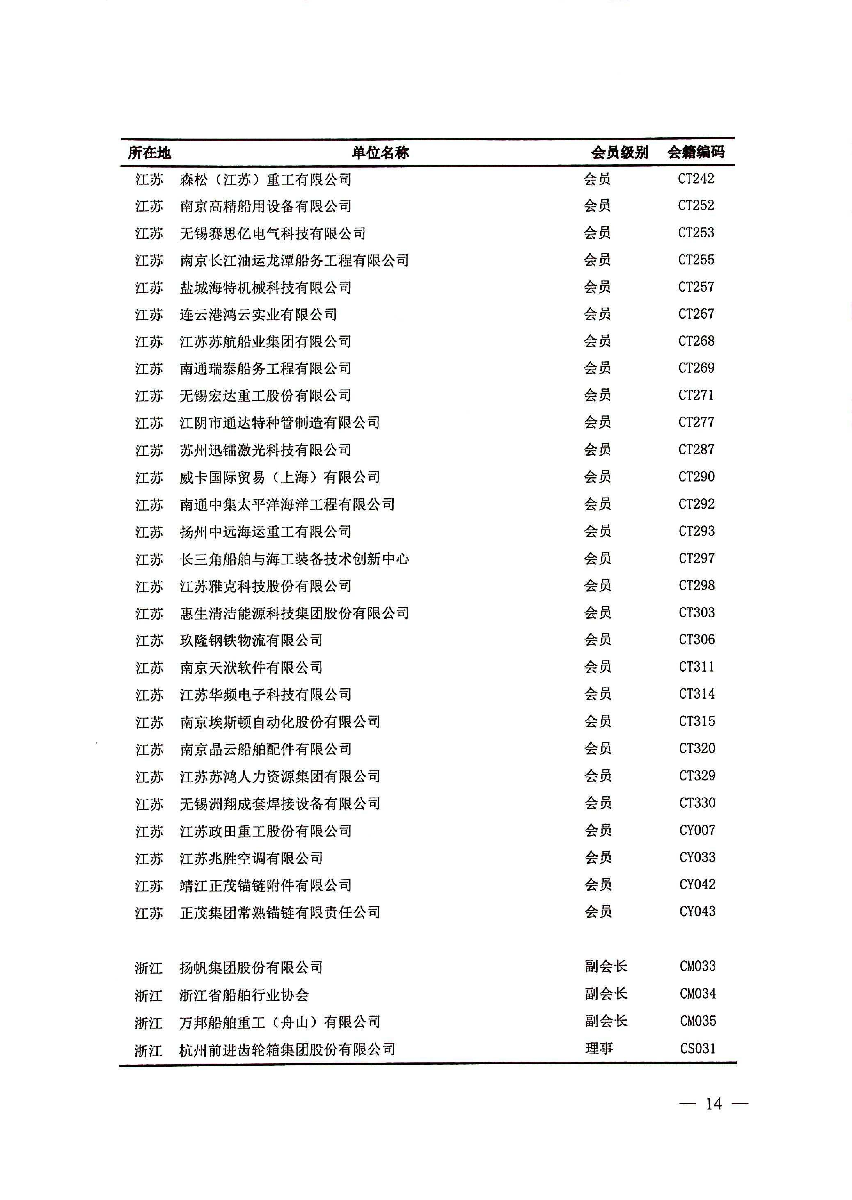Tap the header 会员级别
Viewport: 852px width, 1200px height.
pos(620,153)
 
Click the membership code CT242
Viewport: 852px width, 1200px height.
pos(696,179)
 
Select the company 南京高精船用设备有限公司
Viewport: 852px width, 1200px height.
pos(265,206)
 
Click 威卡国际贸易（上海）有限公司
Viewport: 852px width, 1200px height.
pos(280,477)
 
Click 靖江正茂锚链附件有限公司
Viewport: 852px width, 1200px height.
pos(265,885)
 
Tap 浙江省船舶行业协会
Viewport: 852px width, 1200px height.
pos(244,995)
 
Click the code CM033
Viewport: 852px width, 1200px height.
pos(697,966)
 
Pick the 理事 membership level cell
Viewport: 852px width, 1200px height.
pos(599,1048)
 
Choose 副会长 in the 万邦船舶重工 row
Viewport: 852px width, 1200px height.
pos(606,1021)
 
